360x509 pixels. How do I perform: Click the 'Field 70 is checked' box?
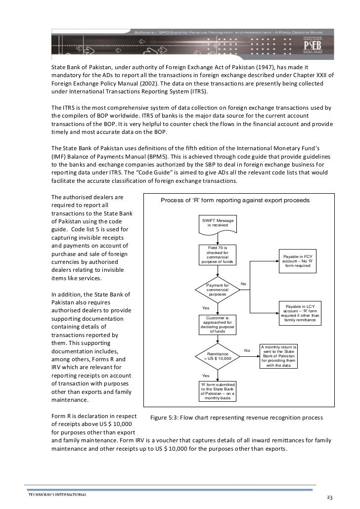218,254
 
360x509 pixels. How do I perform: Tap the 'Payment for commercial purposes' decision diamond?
218,290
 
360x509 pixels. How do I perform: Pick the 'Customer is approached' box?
218,324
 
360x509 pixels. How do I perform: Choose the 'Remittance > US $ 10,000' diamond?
218,356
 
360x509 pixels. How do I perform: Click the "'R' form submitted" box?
218,391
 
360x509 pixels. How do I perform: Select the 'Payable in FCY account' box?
298,260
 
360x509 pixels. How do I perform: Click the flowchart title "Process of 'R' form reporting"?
235,201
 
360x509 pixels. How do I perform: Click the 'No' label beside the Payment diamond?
243,284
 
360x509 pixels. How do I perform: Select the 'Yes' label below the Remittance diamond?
206,376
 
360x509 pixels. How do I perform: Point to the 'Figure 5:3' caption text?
236,418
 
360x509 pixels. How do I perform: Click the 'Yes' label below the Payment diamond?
206,308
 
